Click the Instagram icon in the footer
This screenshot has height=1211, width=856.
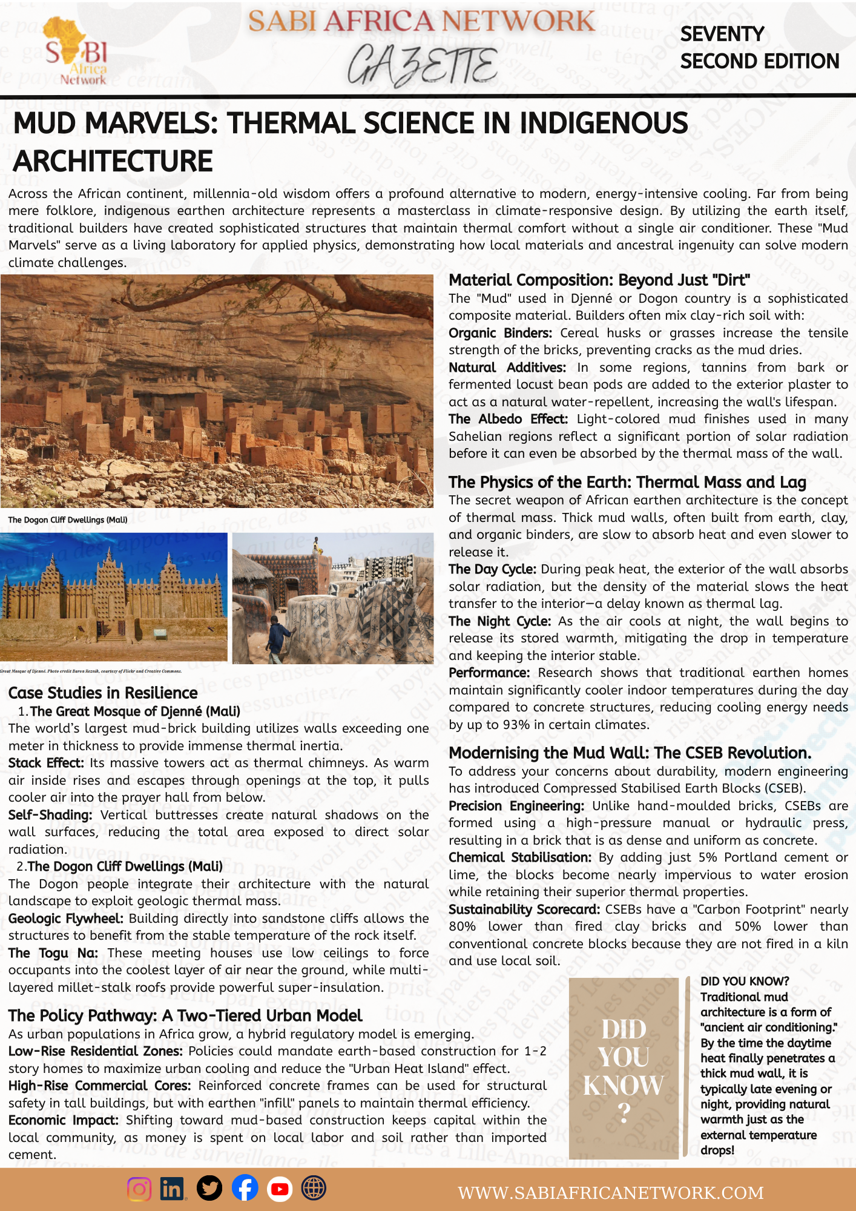[x=139, y=1189]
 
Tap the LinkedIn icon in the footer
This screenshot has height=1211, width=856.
[x=173, y=1189]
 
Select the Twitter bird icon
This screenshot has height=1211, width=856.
[x=209, y=1189]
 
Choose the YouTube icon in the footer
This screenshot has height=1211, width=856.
[x=279, y=1189]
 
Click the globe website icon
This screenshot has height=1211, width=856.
[x=314, y=1189]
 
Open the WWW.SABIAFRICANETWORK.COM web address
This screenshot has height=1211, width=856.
[x=610, y=1193]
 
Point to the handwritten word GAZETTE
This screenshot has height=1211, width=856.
[x=422, y=65]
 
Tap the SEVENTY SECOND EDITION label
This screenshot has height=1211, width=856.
[x=759, y=48]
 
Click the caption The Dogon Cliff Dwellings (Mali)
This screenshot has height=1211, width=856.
[x=68, y=520]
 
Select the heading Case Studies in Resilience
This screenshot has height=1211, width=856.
[x=103, y=693]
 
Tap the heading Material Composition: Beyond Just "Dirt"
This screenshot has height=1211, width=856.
[x=599, y=280]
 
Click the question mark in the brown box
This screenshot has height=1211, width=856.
[x=624, y=1112]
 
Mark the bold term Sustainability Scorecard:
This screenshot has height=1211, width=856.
[x=524, y=909]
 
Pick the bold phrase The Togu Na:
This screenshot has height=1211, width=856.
[x=53, y=953]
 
